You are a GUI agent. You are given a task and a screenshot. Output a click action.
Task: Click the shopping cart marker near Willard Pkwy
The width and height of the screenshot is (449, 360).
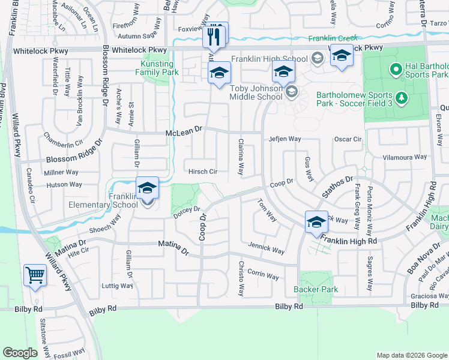(x=35, y=276)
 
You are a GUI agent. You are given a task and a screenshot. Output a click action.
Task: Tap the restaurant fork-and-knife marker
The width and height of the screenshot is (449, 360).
(x=214, y=37)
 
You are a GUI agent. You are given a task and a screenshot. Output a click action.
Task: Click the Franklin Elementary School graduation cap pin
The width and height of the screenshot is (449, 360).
(x=147, y=188)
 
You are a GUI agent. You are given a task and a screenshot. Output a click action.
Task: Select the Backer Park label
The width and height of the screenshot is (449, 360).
(x=316, y=289)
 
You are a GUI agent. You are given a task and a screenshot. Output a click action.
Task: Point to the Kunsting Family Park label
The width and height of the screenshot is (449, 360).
(x=160, y=68)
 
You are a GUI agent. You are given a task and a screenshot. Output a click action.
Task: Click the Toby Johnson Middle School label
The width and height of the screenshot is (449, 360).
(x=257, y=92)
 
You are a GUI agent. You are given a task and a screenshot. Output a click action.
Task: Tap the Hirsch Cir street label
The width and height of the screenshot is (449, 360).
(x=203, y=171)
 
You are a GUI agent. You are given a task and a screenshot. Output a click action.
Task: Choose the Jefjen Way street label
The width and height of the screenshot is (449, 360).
(x=285, y=139)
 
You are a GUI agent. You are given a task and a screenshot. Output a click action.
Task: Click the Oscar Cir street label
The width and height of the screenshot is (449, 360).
(x=348, y=139)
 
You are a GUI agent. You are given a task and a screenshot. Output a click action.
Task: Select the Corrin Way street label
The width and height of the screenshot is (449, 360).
(x=263, y=276)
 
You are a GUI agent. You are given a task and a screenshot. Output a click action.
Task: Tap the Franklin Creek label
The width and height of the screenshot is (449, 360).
(x=333, y=38)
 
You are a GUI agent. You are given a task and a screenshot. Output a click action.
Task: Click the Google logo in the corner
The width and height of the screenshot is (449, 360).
(x=20, y=353)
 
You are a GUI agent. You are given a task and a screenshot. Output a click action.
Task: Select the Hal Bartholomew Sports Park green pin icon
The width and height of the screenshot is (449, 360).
(x=396, y=70)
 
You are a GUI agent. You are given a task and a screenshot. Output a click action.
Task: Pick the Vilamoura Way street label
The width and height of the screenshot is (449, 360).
(x=405, y=157)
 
